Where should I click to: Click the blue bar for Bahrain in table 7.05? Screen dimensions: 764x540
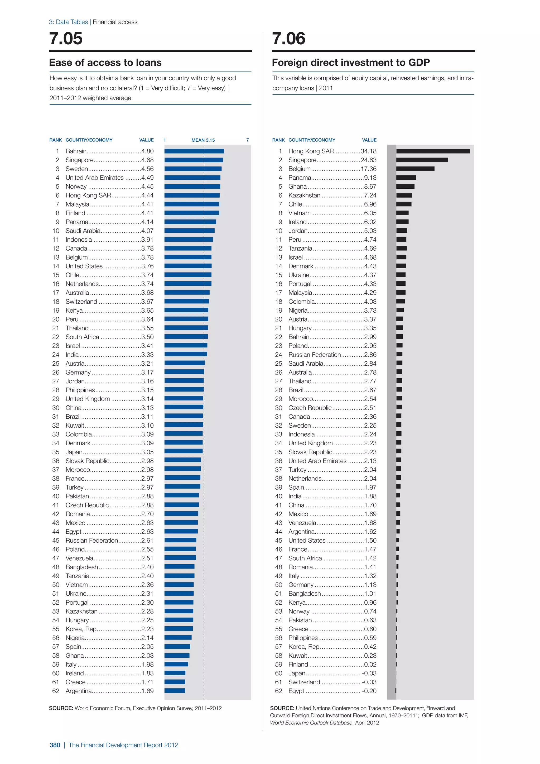(x=194, y=151)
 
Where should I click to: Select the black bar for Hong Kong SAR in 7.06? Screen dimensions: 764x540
(x=433, y=151)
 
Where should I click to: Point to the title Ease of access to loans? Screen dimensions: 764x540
(x=105, y=63)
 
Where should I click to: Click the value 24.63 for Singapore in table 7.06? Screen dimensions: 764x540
(x=368, y=160)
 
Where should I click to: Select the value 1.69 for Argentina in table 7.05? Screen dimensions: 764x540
(x=147, y=691)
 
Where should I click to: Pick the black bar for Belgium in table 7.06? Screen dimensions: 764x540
(x=415, y=169)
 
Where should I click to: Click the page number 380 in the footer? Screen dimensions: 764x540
(x=55, y=745)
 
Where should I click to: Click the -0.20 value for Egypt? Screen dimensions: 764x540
(x=369, y=691)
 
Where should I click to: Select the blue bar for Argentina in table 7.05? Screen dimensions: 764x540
(x=175, y=691)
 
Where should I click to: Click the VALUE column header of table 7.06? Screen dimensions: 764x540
(x=369, y=140)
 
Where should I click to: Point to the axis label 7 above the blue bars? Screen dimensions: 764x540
(x=247, y=140)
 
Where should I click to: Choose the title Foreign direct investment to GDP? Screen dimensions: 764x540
(x=350, y=63)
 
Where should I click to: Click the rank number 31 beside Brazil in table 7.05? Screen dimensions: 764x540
(x=56, y=417)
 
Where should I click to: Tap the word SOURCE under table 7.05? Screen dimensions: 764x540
(x=61, y=708)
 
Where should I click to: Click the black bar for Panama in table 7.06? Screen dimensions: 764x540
(x=406, y=178)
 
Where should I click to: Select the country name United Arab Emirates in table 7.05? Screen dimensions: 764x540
(x=94, y=178)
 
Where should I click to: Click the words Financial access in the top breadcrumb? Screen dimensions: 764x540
(x=115, y=22)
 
